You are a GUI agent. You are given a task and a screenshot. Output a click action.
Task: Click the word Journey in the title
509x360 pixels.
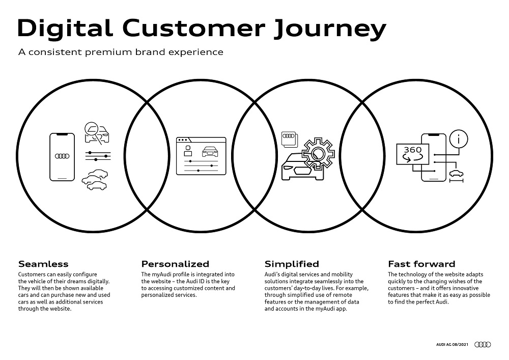point(330,29)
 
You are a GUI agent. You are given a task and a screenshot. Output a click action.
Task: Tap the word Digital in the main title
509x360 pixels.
point(65,27)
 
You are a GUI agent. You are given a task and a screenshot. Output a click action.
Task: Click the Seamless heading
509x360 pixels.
point(43,264)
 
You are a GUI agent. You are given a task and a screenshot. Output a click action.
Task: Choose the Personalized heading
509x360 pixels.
point(175,264)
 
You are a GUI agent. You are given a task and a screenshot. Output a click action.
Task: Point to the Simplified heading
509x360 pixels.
point(292,264)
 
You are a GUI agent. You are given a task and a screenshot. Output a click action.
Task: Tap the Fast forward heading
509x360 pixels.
point(421,264)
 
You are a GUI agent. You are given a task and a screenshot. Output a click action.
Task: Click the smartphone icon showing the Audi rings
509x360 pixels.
point(62,157)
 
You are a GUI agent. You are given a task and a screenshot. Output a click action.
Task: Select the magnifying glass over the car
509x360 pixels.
point(92,130)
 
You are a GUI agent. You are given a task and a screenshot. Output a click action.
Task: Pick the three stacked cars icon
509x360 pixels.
point(95,180)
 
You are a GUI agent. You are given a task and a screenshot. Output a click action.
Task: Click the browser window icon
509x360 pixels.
point(201,156)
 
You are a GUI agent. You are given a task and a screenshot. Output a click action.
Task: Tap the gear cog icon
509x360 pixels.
point(318,154)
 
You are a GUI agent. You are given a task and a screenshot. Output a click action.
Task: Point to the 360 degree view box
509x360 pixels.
point(413,154)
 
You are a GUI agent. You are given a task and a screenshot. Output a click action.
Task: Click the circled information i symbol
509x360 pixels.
point(459,139)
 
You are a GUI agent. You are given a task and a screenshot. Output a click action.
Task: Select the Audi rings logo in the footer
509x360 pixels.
point(483,344)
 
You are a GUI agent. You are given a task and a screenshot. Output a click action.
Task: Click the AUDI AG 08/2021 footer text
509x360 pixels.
point(452,344)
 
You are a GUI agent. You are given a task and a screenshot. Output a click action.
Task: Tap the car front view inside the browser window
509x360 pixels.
point(210,152)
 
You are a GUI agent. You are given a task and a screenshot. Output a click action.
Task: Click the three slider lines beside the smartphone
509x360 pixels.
point(98,156)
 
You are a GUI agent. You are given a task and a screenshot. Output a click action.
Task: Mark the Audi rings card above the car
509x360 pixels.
point(289,140)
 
